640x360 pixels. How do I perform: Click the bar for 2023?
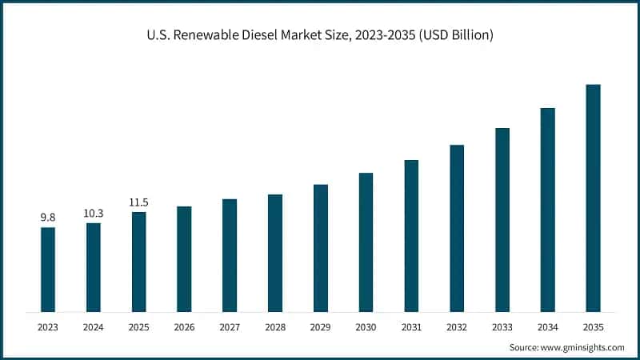pos(48,270)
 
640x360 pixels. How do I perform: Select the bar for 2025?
pos(138,262)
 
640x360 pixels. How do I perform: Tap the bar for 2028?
pos(275,253)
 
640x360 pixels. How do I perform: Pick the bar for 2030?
pos(366,242)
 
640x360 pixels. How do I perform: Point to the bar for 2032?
pos(457,228)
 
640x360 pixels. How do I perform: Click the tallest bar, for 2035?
pos(593,198)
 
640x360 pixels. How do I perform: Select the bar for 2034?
pos(548,210)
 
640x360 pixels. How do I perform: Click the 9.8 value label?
pos(48,217)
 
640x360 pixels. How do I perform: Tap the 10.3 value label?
pos(94,212)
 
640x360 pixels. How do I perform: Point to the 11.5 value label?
pos(138,202)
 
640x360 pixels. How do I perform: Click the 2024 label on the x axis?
pos(94,327)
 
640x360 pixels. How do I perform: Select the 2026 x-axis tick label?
pos(184,327)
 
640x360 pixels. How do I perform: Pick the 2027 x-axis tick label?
pos(230,327)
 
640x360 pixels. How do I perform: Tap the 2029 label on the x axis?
pos(320,327)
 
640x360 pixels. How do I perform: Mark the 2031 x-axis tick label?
pos(411,327)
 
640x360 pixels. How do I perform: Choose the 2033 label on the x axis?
pos(502,327)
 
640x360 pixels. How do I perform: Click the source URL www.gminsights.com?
pos(582,347)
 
